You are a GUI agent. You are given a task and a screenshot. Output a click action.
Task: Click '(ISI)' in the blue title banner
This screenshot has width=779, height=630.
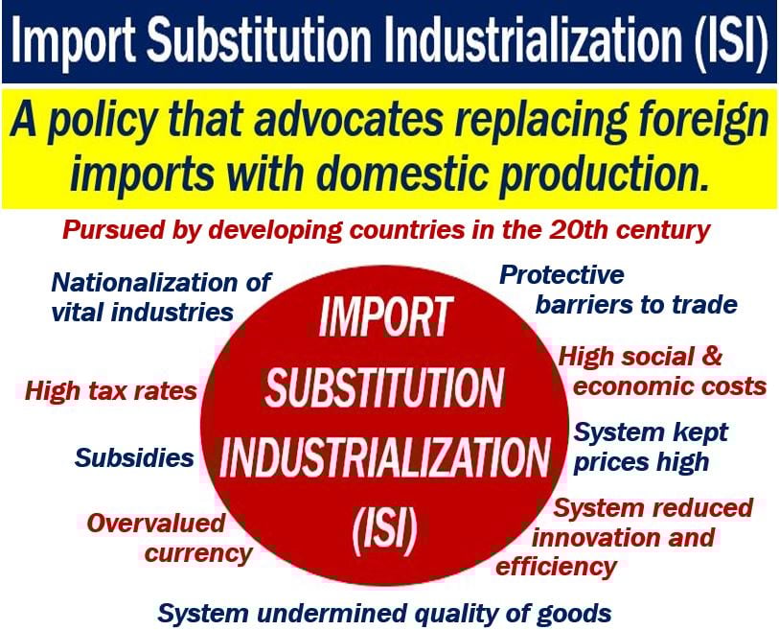click(x=729, y=42)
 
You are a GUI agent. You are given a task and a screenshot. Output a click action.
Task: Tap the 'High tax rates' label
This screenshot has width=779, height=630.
click(x=111, y=391)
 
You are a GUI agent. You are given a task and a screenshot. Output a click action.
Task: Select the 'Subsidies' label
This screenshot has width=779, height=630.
click(x=134, y=458)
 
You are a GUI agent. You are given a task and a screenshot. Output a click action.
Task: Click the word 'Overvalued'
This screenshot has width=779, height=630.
click(x=156, y=524)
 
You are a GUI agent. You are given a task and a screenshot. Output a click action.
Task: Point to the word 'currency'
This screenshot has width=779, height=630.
click(x=198, y=554)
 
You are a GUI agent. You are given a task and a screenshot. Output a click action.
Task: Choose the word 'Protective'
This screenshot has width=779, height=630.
click(x=561, y=275)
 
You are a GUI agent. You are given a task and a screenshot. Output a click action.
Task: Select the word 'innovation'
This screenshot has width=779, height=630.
click(x=588, y=538)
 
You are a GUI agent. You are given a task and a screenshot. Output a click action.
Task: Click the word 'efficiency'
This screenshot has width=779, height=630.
click(x=557, y=568)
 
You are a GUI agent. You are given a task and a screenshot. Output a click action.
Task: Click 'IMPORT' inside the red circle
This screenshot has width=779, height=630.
click(x=385, y=315)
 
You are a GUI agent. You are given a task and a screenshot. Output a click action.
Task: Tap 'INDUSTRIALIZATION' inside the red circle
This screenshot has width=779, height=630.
click(x=384, y=457)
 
